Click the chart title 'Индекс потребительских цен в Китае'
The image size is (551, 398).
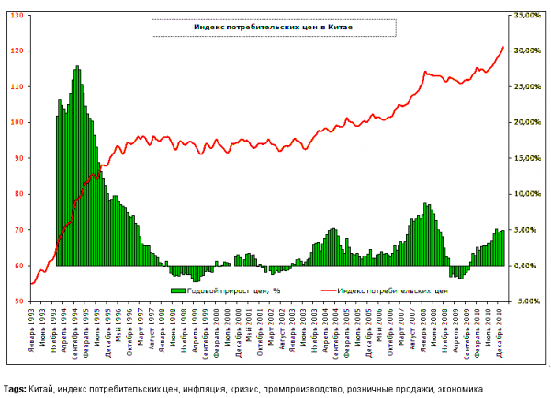[273, 28]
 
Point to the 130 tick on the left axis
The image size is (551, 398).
[18, 16]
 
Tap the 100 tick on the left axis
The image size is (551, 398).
[18, 122]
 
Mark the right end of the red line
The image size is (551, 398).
[503, 46]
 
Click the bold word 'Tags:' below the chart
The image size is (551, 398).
[15, 389]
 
